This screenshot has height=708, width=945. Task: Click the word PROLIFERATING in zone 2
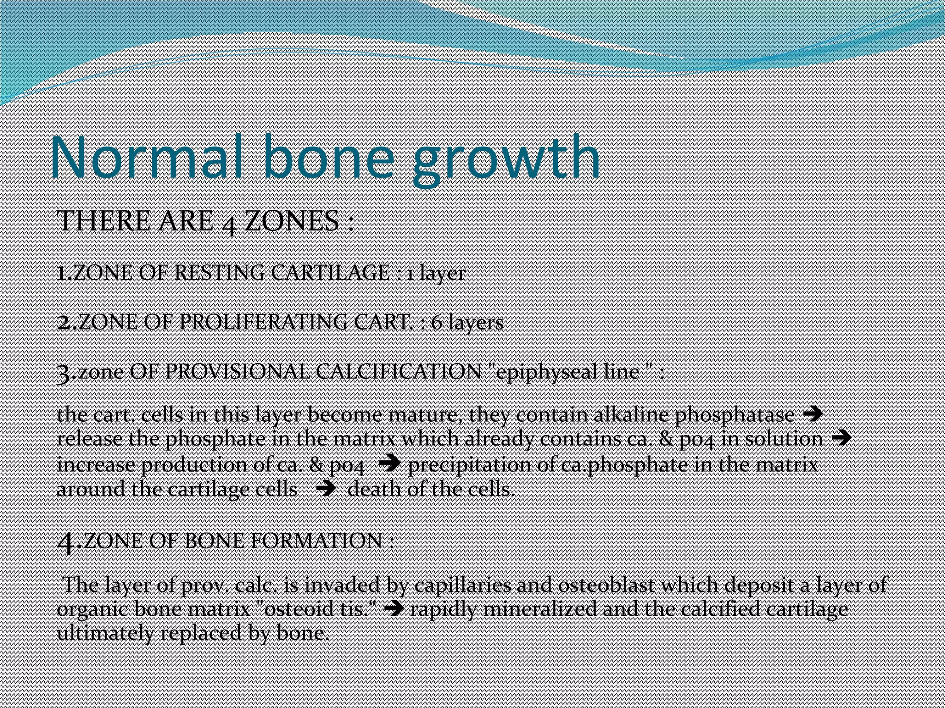point(263,322)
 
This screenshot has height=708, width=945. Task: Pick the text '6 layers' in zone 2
point(467,323)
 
